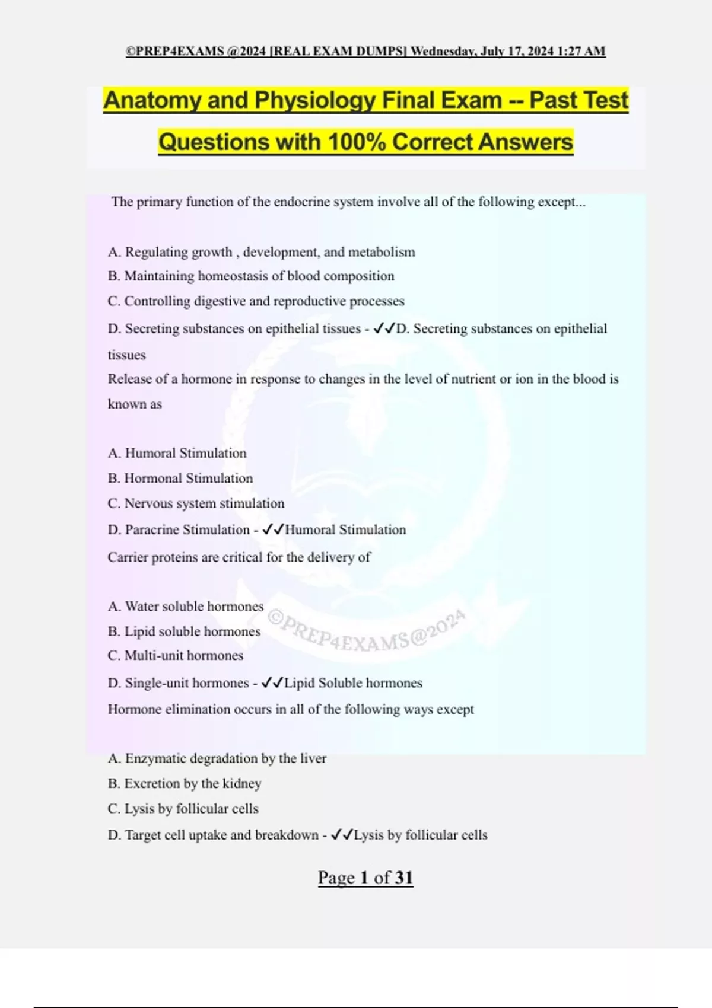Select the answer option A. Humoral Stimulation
pos(177,454)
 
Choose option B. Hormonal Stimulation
pos(180,479)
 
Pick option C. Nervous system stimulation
pos(196,503)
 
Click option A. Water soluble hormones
pos(186,607)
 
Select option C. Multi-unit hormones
pos(176,656)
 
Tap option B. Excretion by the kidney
pos(185,784)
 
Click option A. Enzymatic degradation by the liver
pos(217,759)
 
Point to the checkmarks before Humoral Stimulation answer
pos(272,529)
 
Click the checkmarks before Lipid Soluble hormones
pos(272,683)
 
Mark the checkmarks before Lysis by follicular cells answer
pos(341,835)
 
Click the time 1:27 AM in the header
pos(581,52)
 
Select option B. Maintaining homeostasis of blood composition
pos(251,276)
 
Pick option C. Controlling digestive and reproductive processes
pos(256,301)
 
